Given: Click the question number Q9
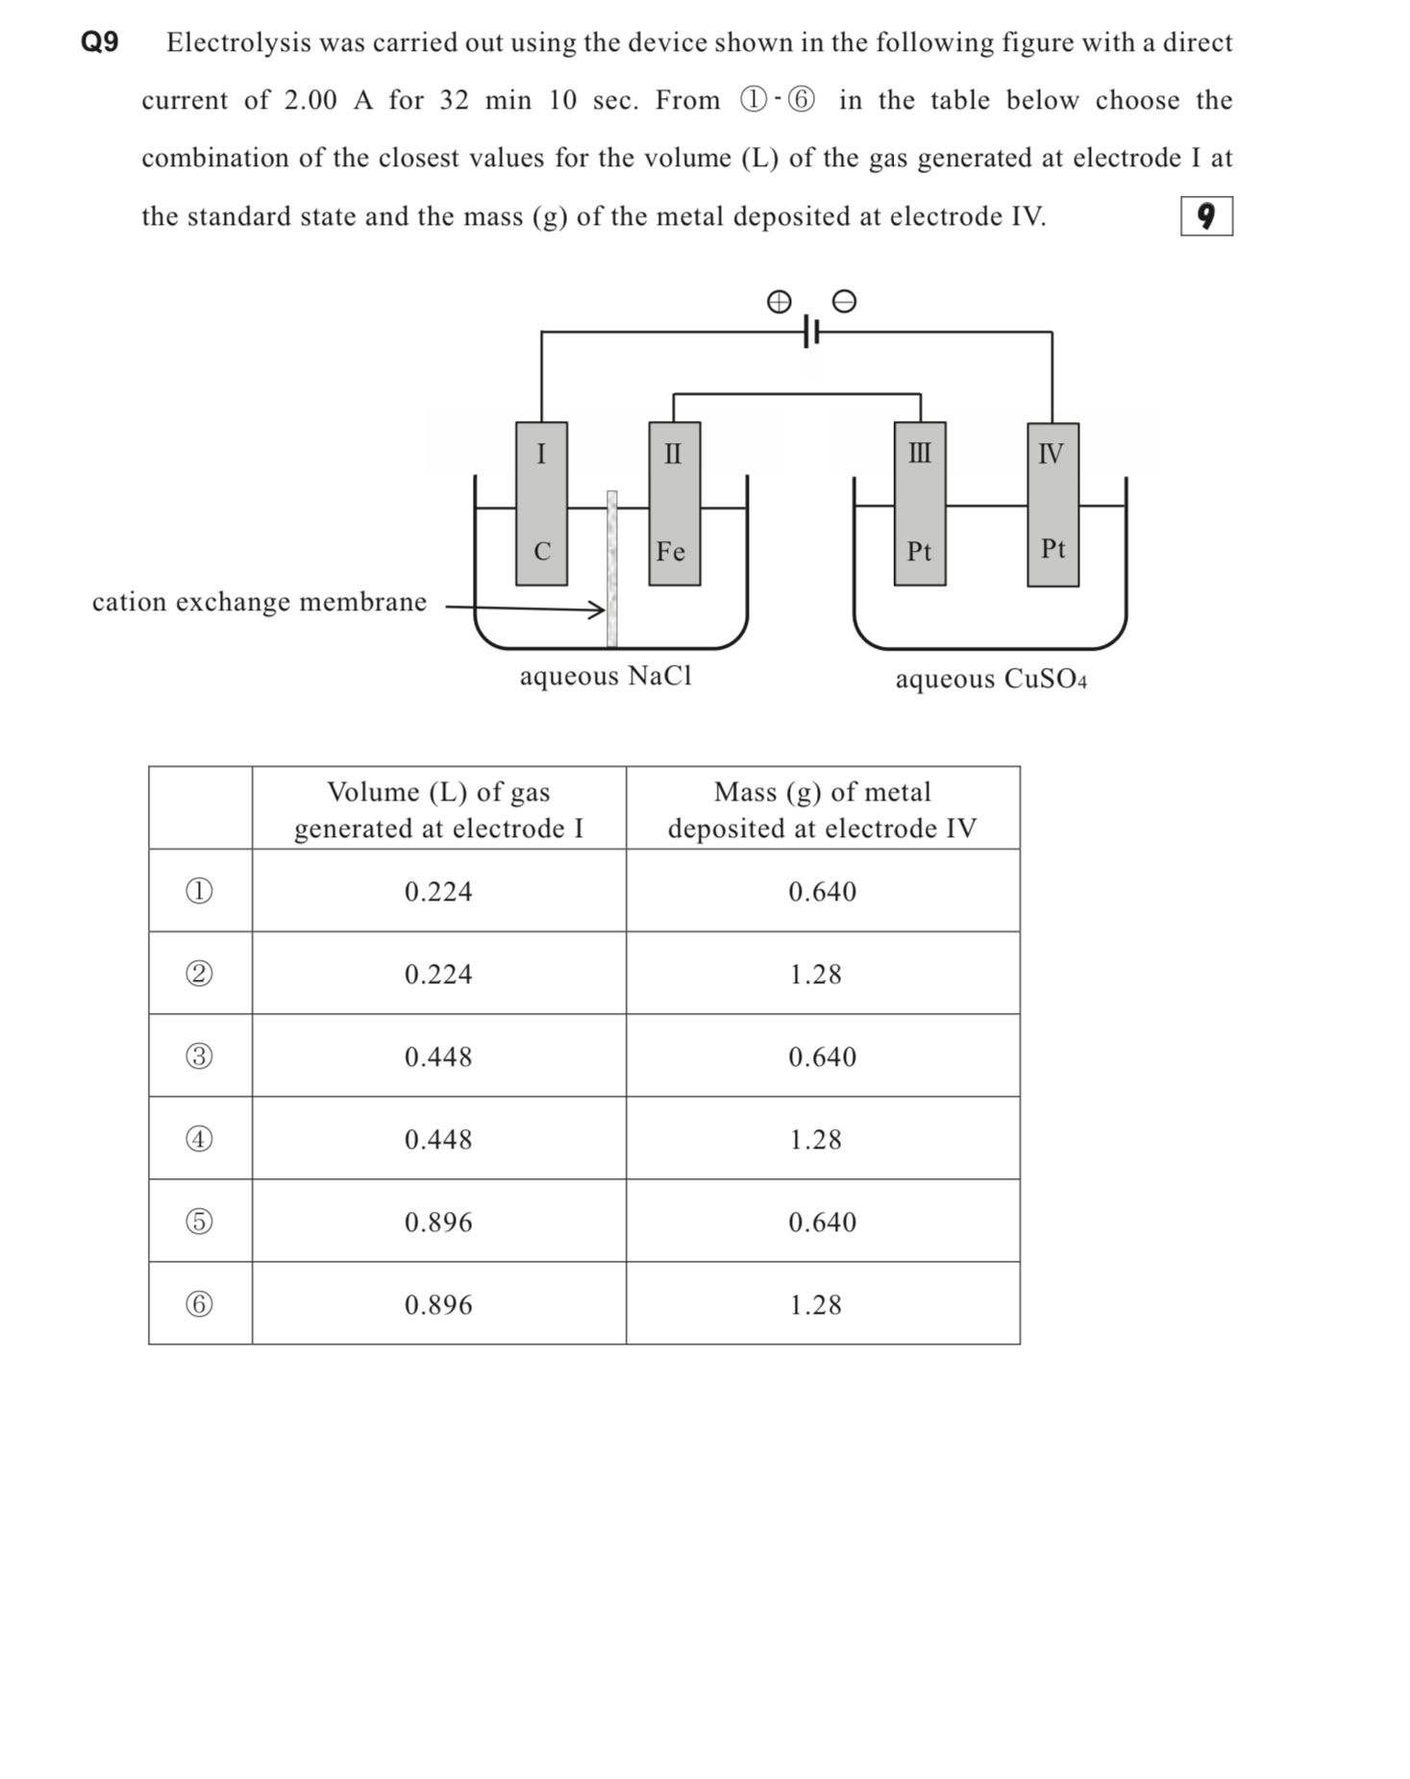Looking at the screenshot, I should [x=99, y=42].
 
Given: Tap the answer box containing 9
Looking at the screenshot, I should [x=1205, y=216].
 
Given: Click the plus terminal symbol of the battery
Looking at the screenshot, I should [x=779, y=302].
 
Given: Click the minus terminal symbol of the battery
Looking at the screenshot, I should [x=843, y=302].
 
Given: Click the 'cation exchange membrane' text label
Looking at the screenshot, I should [x=259, y=602].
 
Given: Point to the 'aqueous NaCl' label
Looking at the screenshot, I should [x=606, y=676].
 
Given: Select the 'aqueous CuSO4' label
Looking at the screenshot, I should [x=991, y=679].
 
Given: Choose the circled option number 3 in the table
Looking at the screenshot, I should [x=199, y=1056].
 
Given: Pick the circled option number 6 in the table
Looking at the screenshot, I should [x=199, y=1304].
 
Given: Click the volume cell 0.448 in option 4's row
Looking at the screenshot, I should [x=438, y=1139].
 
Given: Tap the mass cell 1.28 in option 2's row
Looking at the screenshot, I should [x=815, y=974].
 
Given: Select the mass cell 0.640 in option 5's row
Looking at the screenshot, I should [x=822, y=1222].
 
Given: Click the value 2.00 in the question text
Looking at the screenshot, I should [x=310, y=100].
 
